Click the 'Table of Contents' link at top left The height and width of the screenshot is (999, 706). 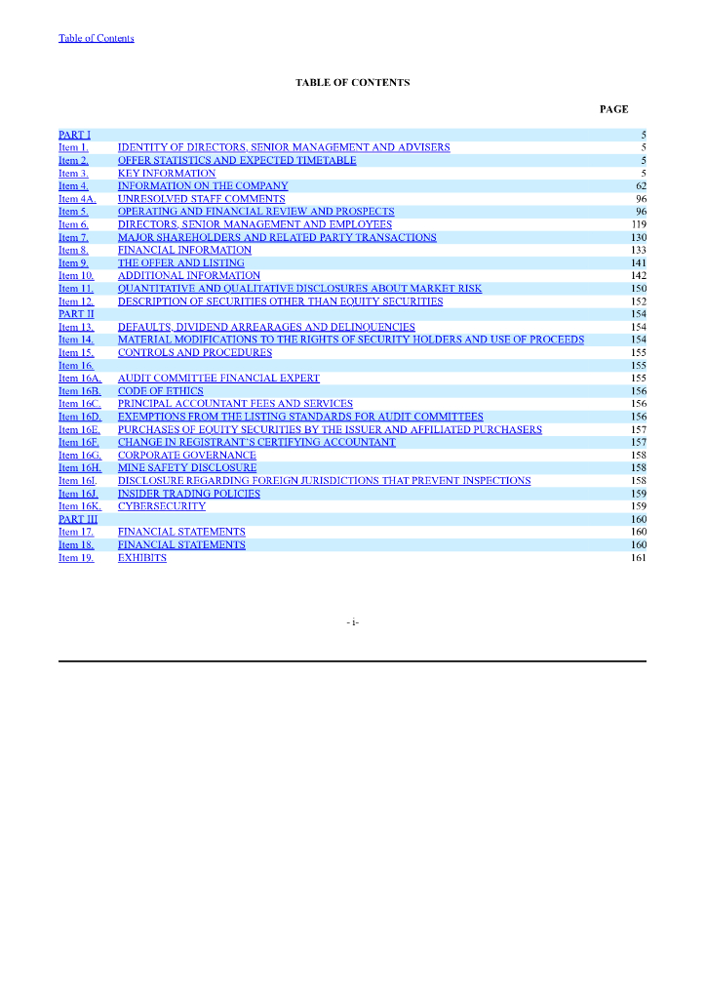click(97, 38)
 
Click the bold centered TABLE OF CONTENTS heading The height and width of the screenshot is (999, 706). click(352, 83)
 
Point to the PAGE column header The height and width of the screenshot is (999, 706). click(613, 109)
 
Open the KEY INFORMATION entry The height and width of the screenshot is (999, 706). click(167, 174)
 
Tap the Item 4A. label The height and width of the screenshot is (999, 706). click(77, 199)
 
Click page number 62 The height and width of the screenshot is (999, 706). click(641, 186)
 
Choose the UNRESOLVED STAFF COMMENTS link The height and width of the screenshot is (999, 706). click(201, 199)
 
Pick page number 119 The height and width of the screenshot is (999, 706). click(639, 224)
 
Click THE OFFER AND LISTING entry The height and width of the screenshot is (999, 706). click(180, 263)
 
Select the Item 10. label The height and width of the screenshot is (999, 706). click(76, 276)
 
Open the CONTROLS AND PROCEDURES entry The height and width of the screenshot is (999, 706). click(195, 353)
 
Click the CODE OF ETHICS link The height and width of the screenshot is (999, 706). click(161, 391)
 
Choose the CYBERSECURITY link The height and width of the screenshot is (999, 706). click(162, 507)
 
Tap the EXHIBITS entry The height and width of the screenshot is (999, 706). click(142, 559)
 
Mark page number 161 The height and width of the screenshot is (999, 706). click(639, 559)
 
